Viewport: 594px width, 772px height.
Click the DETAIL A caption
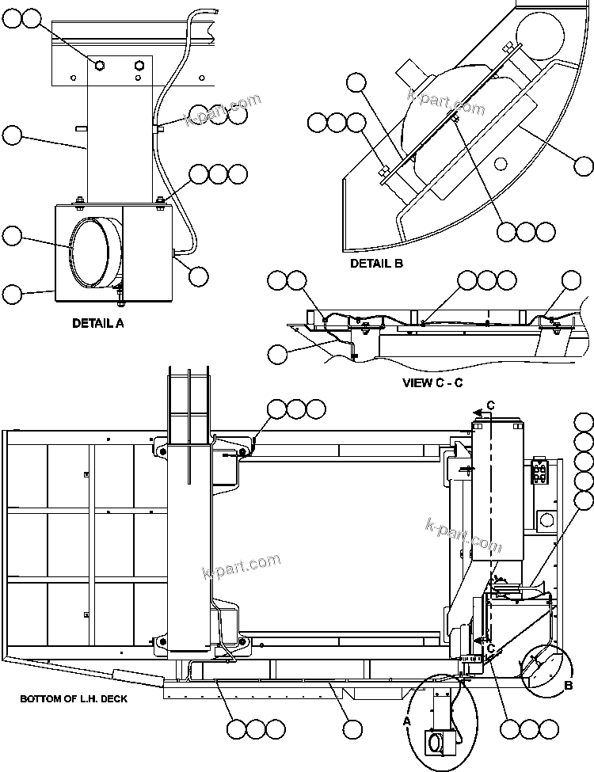tap(97, 323)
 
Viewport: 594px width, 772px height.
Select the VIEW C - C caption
tap(432, 383)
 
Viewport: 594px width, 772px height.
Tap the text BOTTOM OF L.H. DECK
tap(73, 699)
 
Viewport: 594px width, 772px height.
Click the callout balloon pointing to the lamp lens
tap(13, 235)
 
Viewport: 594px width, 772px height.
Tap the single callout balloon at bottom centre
tap(352, 728)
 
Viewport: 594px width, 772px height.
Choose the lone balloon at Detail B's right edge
tap(584, 166)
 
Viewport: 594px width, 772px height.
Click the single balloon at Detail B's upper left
tap(356, 82)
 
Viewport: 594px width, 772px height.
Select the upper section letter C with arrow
tap(490, 405)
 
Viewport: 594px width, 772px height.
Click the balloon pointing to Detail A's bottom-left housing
tap(13, 295)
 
